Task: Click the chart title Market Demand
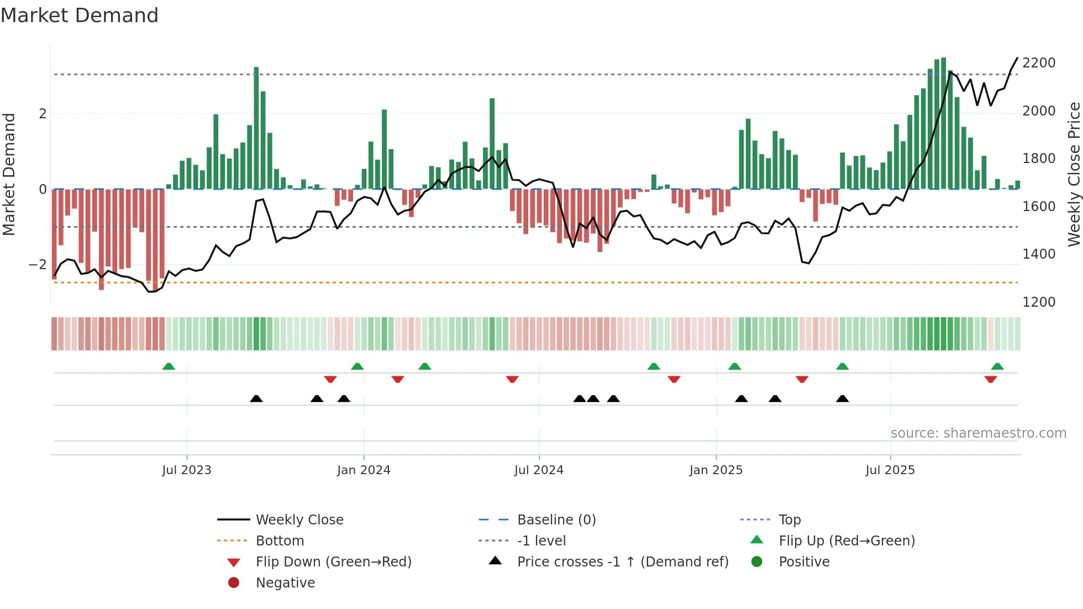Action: pos(80,15)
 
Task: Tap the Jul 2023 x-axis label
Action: pos(187,470)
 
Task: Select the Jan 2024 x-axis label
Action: pos(364,470)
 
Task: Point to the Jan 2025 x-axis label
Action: pos(716,470)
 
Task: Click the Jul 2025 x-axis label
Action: pos(890,470)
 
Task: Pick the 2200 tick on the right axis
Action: pos(1039,63)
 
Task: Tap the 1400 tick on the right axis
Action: pos(1039,254)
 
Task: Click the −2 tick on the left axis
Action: pos(38,265)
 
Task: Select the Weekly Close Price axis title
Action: pos(1074,174)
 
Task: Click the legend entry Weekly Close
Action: pos(299,520)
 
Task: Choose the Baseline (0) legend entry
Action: pos(556,520)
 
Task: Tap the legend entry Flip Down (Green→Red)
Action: pos(333,562)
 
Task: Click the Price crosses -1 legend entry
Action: pos(623,562)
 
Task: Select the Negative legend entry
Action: pos(285,583)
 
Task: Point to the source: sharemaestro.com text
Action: pos(978,433)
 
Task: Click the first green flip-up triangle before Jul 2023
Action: pos(169,366)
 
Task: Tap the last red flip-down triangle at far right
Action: pos(990,379)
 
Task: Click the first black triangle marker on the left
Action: pos(256,398)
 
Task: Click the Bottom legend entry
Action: pos(280,541)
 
